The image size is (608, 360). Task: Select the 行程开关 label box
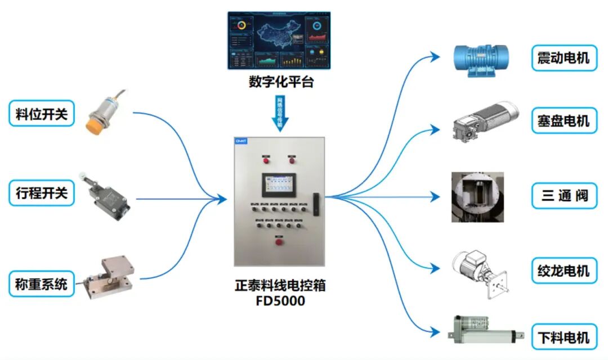click(x=42, y=193)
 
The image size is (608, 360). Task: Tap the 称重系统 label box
click(x=42, y=283)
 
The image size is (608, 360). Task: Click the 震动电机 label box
click(x=564, y=58)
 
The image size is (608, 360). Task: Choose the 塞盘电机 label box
click(x=564, y=120)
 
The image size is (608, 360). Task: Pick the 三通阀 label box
click(x=564, y=196)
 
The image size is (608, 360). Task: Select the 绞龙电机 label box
click(x=564, y=271)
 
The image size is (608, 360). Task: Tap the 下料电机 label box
click(x=564, y=337)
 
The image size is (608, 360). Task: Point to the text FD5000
click(x=280, y=301)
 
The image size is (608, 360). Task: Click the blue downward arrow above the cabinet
click(x=280, y=112)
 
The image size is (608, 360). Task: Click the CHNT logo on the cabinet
click(x=242, y=142)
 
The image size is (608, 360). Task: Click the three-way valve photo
click(x=477, y=197)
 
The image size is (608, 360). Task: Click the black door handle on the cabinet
click(x=316, y=206)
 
